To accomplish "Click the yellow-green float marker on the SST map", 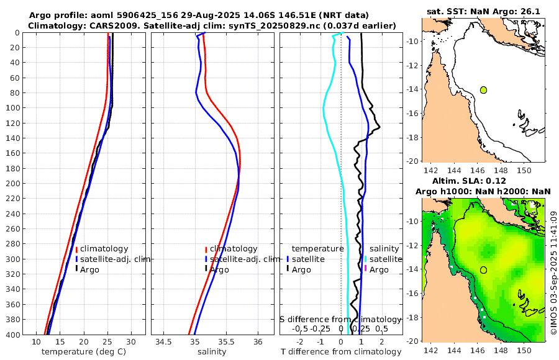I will pyautogui.click(x=483, y=90).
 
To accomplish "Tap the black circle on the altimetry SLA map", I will pyautogui.click(x=483, y=270).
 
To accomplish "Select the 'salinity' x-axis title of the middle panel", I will pyautogui.click(x=211, y=352).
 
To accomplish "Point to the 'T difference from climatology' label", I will pyautogui.click(x=341, y=352).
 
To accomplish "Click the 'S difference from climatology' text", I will pyautogui.click(x=340, y=319).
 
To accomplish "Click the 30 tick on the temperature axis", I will pyautogui.click(x=131, y=342).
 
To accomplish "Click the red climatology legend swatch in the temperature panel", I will pyautogui.click(x=77, y=249).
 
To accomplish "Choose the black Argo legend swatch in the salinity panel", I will pyautogui.click(x=206, y=269).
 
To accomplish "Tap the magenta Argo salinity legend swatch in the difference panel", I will pyautogui.click(x=366, y=269).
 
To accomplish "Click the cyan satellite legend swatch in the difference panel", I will pyautogui.click(x=366, y=259).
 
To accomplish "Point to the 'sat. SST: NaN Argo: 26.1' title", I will pyautogui.click(x=483, y=12).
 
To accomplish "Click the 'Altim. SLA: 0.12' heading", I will pyautogui.click(x=483, y=180).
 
